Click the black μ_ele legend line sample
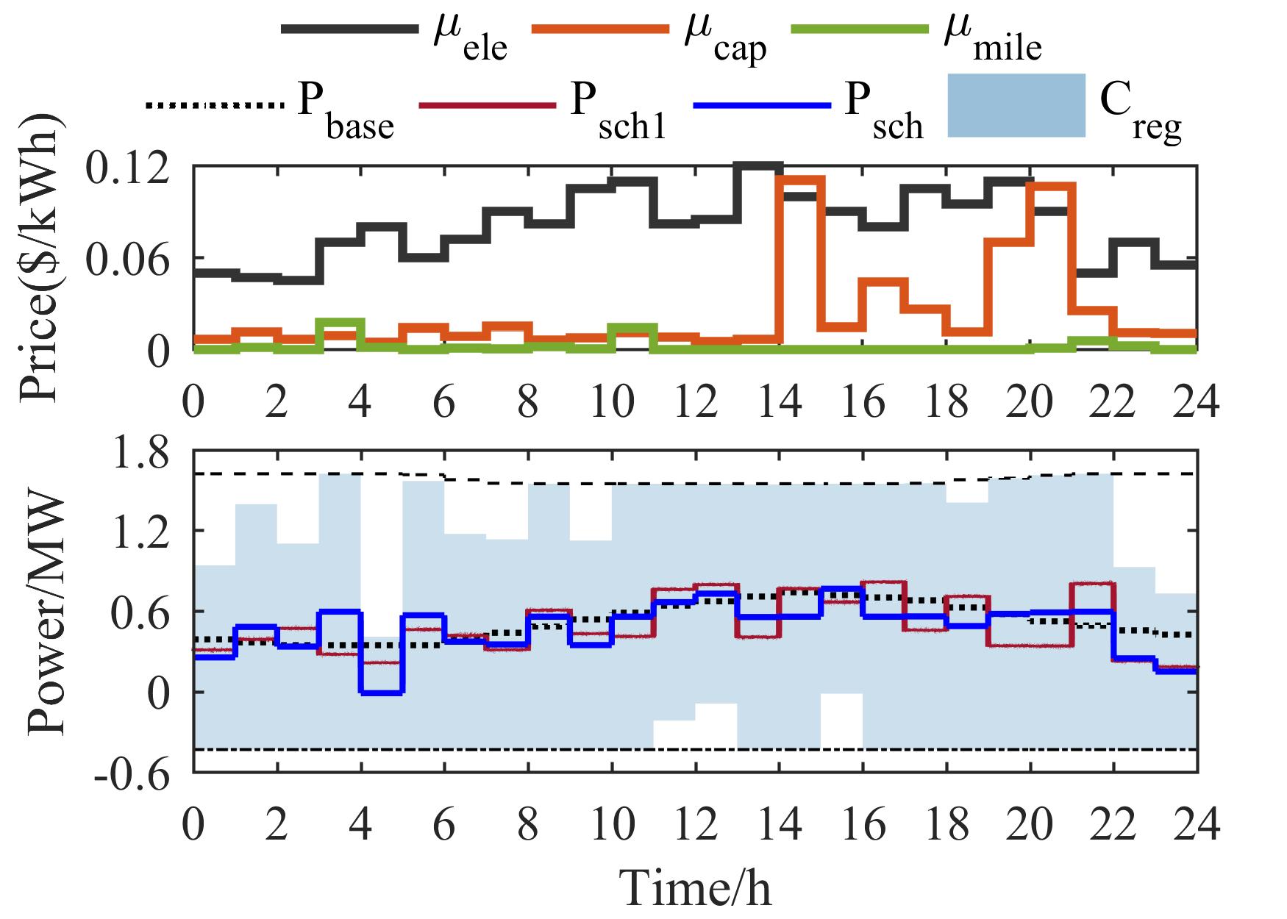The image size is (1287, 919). point(349,30)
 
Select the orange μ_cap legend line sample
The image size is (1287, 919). point(600,30)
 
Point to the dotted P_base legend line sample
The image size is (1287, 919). point(215,105)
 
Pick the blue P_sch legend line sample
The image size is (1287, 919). point(762,105)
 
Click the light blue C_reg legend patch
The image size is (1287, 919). point(1016,105)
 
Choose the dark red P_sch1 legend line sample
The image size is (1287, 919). point(486,105)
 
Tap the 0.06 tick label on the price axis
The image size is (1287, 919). point(132,259)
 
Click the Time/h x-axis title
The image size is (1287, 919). point(696,887)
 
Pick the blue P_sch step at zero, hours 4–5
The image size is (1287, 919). point(382,693)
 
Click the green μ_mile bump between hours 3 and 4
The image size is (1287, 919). point(340,322)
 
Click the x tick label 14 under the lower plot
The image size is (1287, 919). point(780,826)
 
